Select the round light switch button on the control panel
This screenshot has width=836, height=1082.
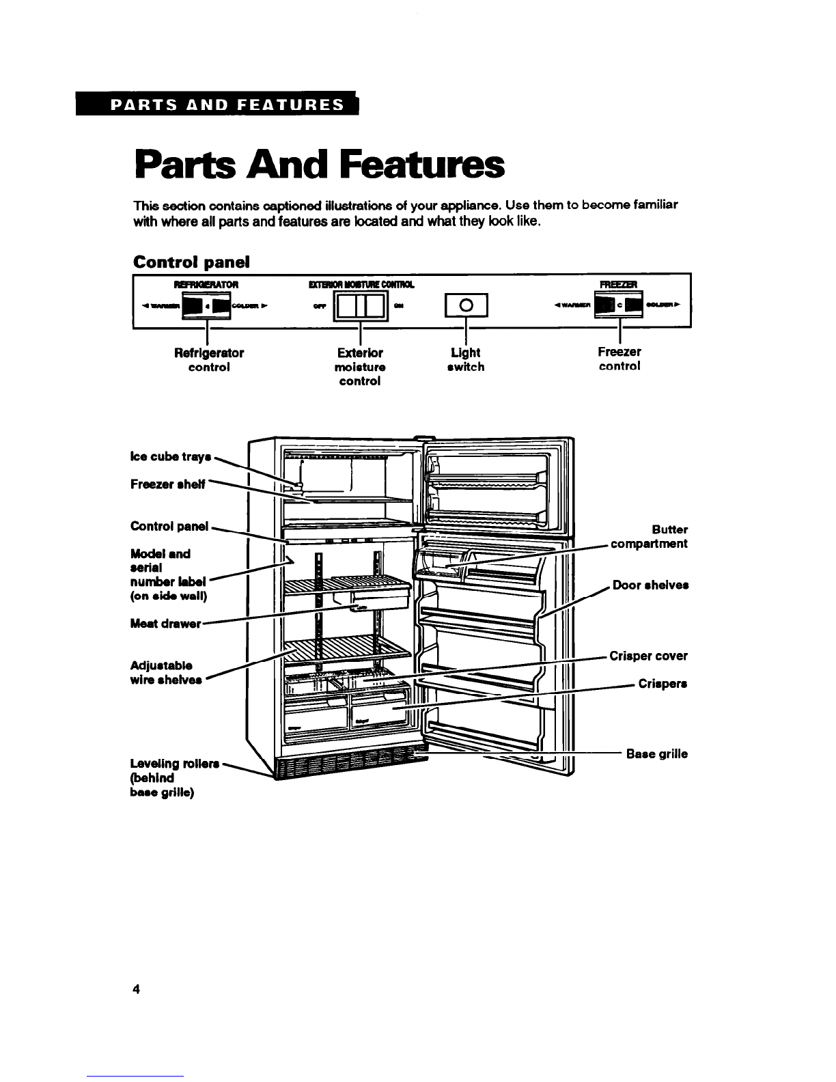click(465, 305)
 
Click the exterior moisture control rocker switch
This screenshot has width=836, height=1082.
click(360, 305)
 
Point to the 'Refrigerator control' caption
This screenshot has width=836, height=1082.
click(208, 359)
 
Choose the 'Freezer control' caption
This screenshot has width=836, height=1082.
click(619, 359)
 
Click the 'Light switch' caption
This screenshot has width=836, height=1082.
click(466, 359)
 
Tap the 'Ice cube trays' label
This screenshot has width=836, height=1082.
click(170, 456)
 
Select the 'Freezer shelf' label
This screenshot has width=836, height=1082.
click(168, 484)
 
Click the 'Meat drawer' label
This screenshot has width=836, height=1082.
click(165, 624)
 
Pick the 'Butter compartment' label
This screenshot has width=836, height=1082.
click(648, 537)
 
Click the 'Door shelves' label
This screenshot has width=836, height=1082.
click(650, 585)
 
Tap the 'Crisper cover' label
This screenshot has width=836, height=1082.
click(648, 656)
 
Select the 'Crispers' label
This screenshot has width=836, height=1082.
click(662, 684)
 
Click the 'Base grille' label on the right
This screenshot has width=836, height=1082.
click(656, 754)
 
